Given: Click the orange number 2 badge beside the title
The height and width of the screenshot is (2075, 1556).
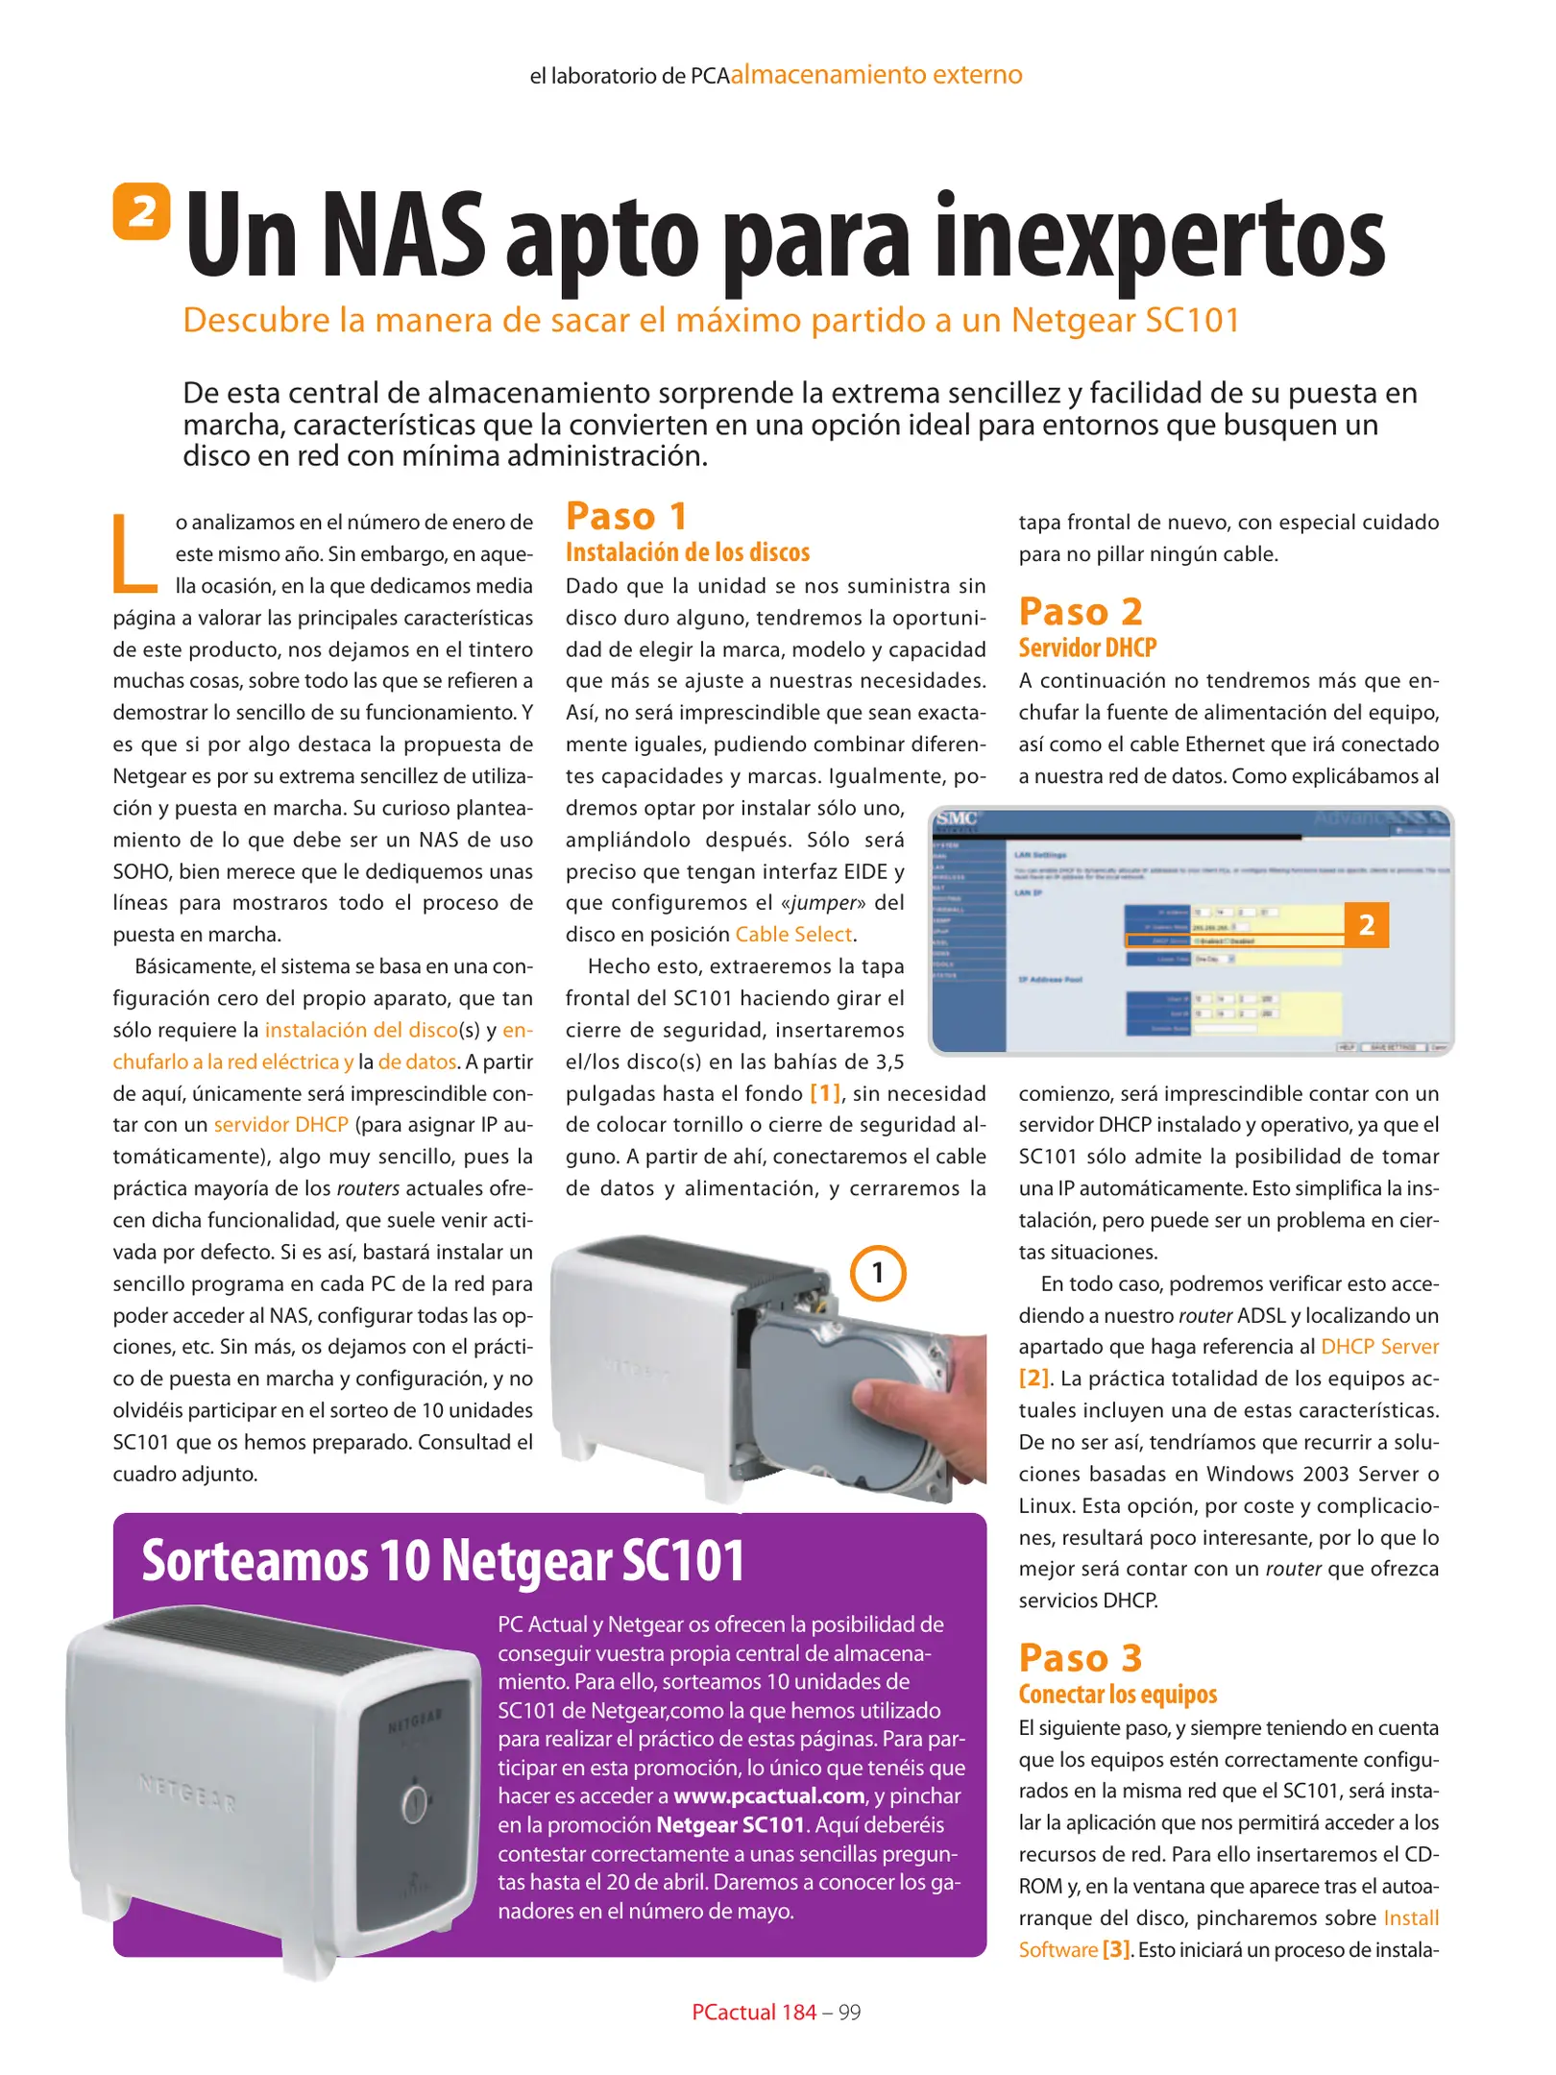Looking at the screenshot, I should click(141, 210).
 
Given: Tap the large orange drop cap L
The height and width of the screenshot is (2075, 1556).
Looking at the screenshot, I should click(134, 554).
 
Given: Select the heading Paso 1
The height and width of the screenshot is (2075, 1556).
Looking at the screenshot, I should click(626, 517).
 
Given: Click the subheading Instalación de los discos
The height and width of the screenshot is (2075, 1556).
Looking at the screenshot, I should click(687, 552).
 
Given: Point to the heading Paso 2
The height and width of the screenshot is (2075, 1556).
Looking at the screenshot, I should click(1080, 612).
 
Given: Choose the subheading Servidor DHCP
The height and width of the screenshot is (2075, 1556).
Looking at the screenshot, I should click(1086, 647).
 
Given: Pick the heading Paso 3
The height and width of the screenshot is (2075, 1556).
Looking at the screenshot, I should click(1080, 1658).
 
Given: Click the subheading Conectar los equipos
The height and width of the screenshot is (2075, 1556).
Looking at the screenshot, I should click(1117, 1694).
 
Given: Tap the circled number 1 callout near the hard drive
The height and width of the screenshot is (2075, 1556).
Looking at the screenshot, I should click(877, 1273).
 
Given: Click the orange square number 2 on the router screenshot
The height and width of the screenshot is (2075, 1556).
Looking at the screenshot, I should click(1366, 924).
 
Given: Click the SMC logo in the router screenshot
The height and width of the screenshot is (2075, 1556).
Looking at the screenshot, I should click(957, 818).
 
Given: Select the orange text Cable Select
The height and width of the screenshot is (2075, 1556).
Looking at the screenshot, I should click(793, 935).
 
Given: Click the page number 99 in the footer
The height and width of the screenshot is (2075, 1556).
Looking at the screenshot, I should click(849, 2013).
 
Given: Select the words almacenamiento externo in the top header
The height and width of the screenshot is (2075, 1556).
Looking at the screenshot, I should click(876, 75).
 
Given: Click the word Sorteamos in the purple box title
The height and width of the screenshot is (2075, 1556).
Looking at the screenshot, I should click(255, 1562).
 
